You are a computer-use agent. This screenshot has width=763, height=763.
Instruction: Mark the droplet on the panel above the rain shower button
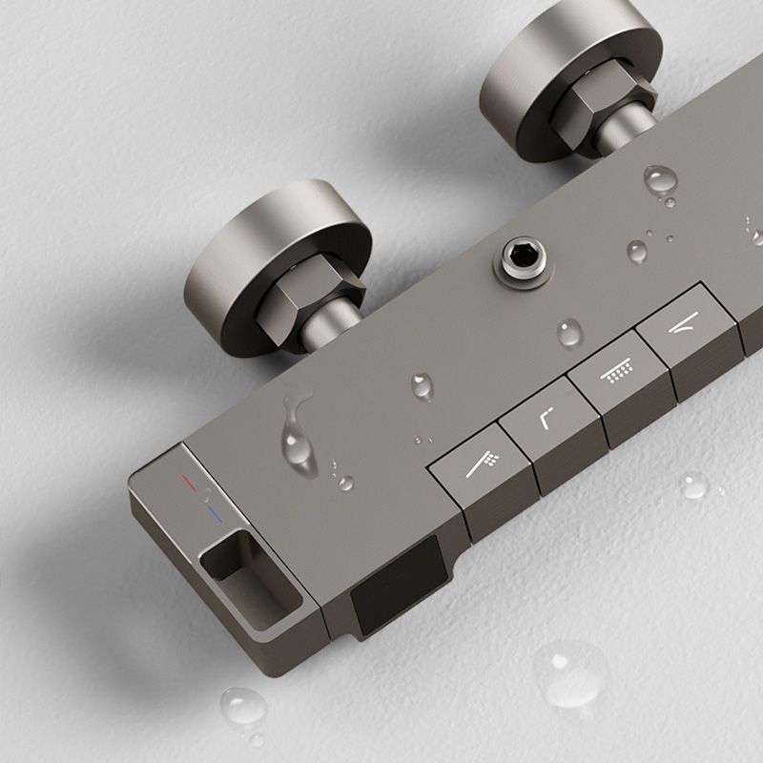coord(570,332)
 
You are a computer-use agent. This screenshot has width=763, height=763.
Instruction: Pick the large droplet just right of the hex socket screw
coord(660,178)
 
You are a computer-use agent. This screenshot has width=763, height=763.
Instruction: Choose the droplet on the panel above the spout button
coord(422,385)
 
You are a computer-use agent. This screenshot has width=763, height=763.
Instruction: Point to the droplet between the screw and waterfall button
coord(637,252)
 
